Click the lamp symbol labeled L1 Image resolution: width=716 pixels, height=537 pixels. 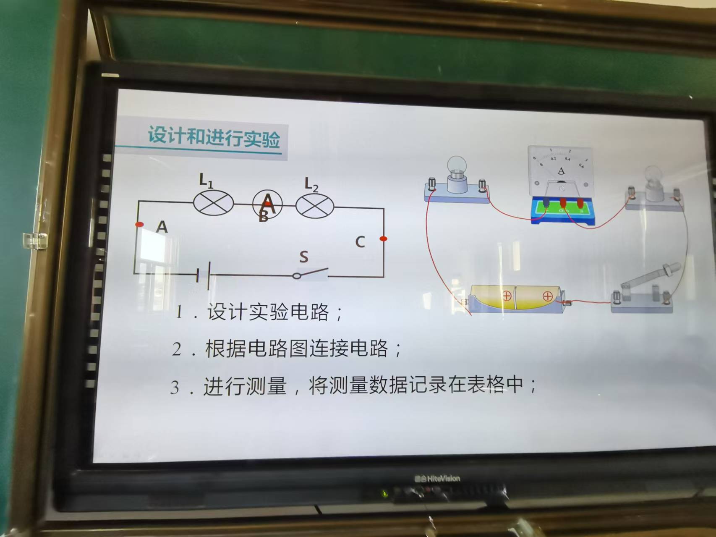(x=213, y=203)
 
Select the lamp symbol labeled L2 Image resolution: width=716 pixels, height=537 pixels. (x=315, y=206)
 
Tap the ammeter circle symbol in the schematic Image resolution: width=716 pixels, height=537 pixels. (x=267, y=204)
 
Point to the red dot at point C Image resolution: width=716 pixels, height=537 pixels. (x=383, y=238)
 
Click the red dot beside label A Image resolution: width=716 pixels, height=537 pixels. (x=139, y=224)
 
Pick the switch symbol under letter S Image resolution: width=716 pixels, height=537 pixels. (x=311, y=273)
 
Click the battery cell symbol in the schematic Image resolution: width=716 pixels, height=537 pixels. (x=203, y=275)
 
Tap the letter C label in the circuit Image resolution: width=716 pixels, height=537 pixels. (x=360, y=242)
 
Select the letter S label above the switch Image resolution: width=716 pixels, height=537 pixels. (x=304, y=257)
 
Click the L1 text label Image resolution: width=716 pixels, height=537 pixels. (x=206, y=181)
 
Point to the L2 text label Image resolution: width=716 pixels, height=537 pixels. (x=311, y=184)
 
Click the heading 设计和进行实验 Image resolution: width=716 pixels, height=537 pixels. (x=214, y=137)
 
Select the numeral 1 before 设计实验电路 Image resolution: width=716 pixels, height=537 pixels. (x=179, y=312)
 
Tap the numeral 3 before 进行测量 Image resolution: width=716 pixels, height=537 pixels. (x=175, y=387)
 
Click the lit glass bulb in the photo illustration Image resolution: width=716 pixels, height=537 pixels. (x=457, y=166)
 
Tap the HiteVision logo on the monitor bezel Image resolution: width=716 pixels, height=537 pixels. (x=437, y=478)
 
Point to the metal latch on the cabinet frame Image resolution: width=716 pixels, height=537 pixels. (x=35, y=241)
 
